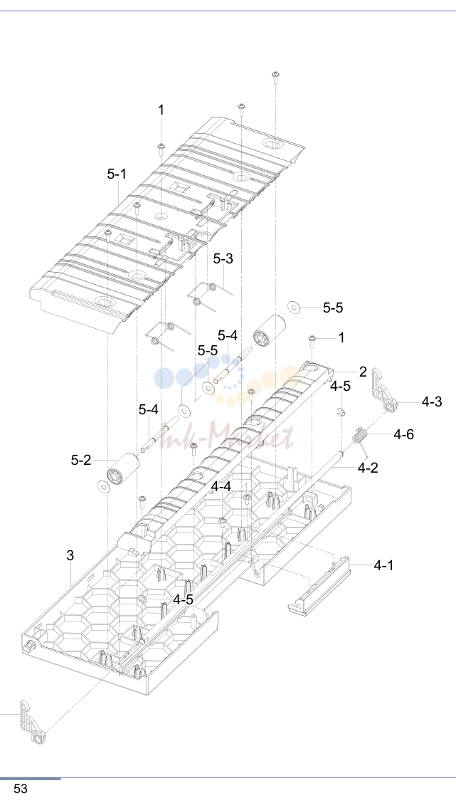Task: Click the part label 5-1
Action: [x=117, y=174]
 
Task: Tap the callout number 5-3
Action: [x=223, y=258]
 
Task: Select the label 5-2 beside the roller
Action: [x=81, y=460]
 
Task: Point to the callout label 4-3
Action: [x=432, y=402]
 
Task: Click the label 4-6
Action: [x=404, y=434]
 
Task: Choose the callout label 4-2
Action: [x=368, y=467]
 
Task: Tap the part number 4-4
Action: [x=221, y=486]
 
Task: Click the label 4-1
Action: [x=384, y=565]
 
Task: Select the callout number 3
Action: [x=70, y=555]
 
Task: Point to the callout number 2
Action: [x=363, y=372]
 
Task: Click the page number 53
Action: [x=21, y=789]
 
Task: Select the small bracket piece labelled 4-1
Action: [x=319, y=585]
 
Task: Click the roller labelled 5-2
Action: [x=123, y=467]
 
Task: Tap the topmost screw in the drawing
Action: [x=275, y=75]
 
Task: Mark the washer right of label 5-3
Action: [x=295, y=308]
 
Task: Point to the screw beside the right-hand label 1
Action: [x=312, y=339]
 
